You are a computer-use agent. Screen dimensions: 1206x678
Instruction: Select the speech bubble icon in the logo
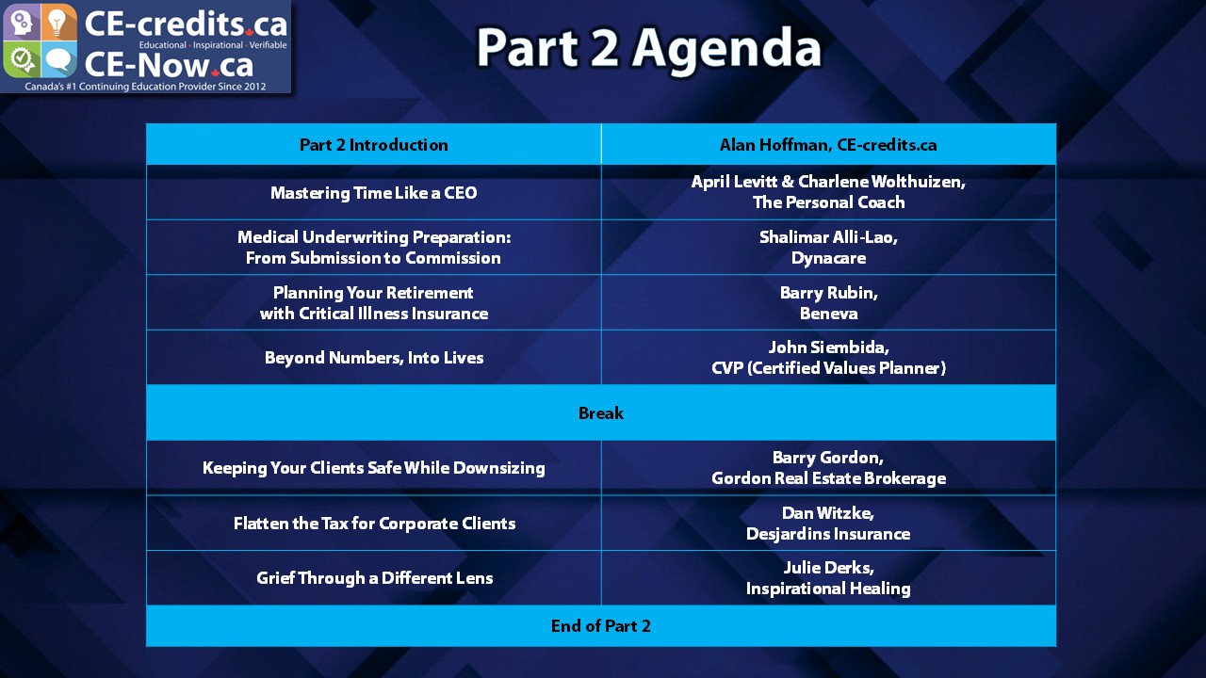(x=58, y=61)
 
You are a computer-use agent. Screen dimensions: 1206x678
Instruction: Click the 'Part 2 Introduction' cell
(x=374, y=145)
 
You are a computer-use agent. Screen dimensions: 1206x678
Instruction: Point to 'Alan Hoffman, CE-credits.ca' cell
(x=828, y=145)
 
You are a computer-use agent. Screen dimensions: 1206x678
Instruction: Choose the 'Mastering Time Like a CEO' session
(x=374, y=193)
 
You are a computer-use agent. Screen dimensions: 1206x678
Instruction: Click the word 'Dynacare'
(x=828, y=258)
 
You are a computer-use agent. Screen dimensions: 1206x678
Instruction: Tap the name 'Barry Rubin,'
(x=828, y=293)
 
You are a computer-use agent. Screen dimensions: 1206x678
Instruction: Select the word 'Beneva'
(x=828, y=314)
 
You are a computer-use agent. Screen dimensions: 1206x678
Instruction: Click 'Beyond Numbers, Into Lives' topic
(x=374, y=358)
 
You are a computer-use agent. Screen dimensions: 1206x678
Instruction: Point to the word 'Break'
(x=601, y=412)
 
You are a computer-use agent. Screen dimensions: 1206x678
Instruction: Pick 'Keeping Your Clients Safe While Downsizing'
(x=374, y=468)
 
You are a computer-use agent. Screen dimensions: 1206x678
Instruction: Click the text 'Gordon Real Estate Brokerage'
(x=828, y=478)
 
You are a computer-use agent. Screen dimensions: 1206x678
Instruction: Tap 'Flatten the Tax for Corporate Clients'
(x=374, y=524)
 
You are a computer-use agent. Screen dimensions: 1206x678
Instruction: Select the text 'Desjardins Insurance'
(x=828, y=534)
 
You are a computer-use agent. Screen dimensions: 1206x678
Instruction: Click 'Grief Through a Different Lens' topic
(x=374, y=578)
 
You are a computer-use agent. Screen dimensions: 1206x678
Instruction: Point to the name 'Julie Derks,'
(x=828, y=568)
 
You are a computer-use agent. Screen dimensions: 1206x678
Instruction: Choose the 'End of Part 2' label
(x=601, y=626)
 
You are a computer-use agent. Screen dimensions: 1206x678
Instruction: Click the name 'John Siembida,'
(x=828, y=347)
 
